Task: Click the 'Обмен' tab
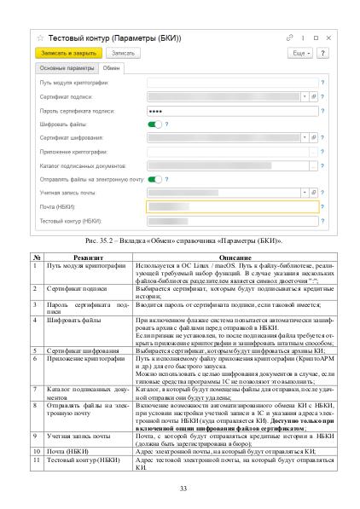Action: (112, 67)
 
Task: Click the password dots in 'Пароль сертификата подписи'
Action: (155, 111)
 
